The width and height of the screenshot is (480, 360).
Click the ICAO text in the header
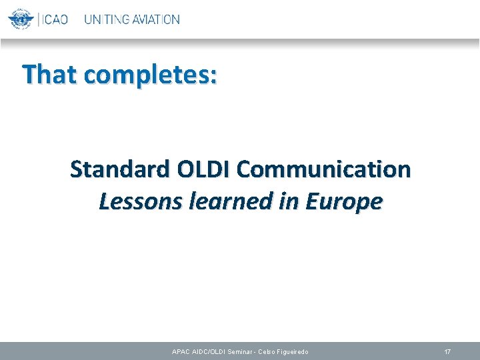point(54,19)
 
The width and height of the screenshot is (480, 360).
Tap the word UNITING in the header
point(105,19)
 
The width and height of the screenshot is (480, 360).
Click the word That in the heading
point(51,75)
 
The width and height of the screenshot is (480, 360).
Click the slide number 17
point(448,351)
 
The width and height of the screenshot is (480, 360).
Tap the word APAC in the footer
point(181,351)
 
